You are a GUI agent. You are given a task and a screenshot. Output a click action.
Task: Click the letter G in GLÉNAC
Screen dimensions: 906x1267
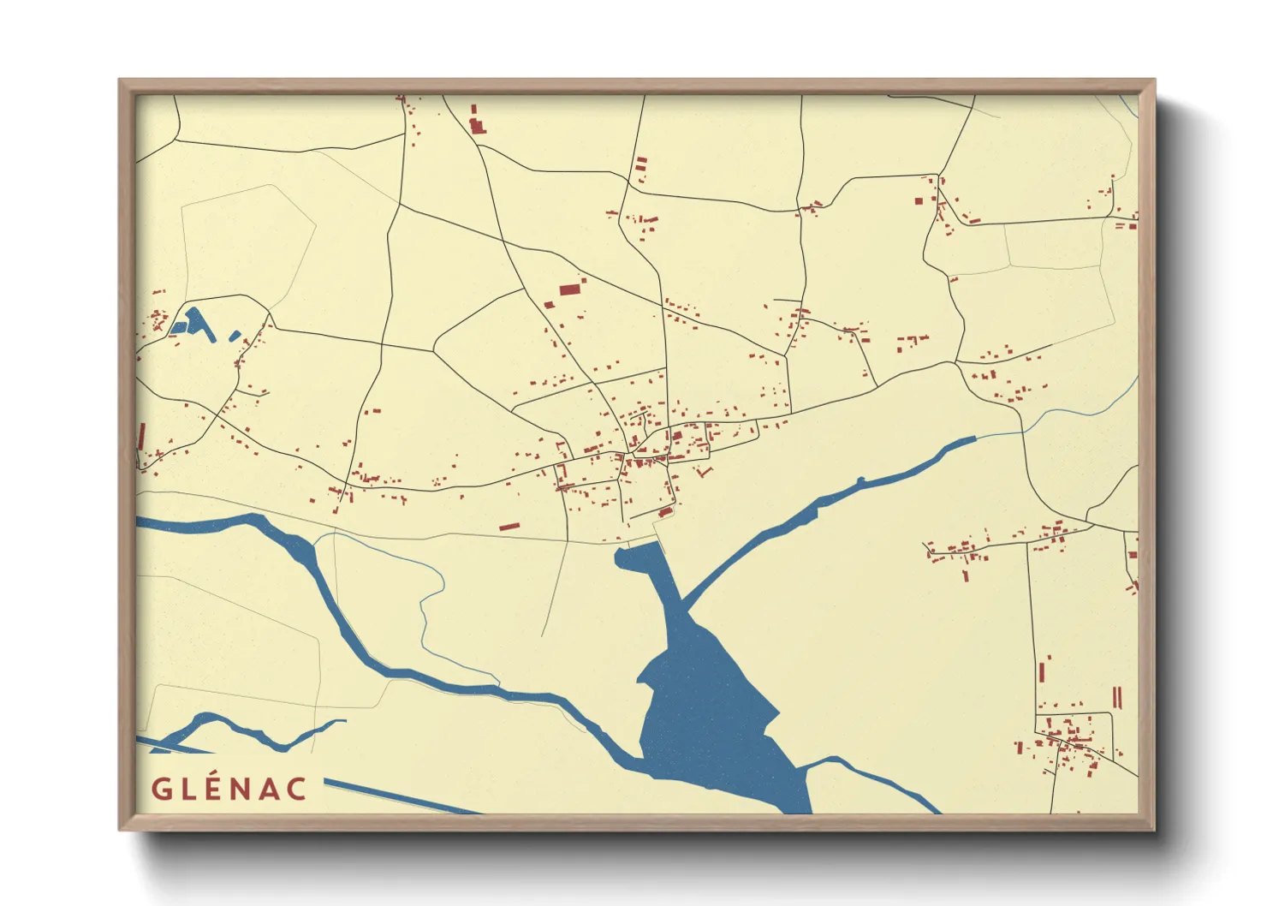(x=161, y=789)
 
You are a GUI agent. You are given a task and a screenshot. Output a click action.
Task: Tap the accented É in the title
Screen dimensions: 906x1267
(x=217, y=788)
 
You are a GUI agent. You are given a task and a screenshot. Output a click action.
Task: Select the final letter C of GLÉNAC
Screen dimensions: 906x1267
(x=296, y=789)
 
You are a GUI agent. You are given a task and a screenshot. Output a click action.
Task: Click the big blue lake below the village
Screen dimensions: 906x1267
(x=711, y=719)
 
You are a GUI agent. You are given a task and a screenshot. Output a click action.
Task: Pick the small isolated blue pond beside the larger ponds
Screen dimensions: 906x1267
(x=234, y=336)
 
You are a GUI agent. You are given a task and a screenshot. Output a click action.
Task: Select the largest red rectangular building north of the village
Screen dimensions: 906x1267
(x=569, y=289)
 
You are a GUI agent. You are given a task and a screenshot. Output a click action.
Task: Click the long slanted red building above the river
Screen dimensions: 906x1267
(x=509, y=527)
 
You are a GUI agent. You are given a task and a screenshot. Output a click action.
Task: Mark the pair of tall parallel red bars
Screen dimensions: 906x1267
(x=1116, y=697)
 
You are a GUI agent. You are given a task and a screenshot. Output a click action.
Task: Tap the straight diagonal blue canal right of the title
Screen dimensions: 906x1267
(x=402, y=797)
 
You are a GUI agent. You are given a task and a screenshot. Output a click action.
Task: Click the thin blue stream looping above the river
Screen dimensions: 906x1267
(x=428, y=599)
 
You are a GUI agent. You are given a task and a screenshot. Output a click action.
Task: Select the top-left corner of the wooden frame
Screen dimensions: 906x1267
(x=121, y=81)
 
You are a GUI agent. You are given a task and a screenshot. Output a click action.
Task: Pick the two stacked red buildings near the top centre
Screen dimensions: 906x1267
(x=640, y=164)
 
